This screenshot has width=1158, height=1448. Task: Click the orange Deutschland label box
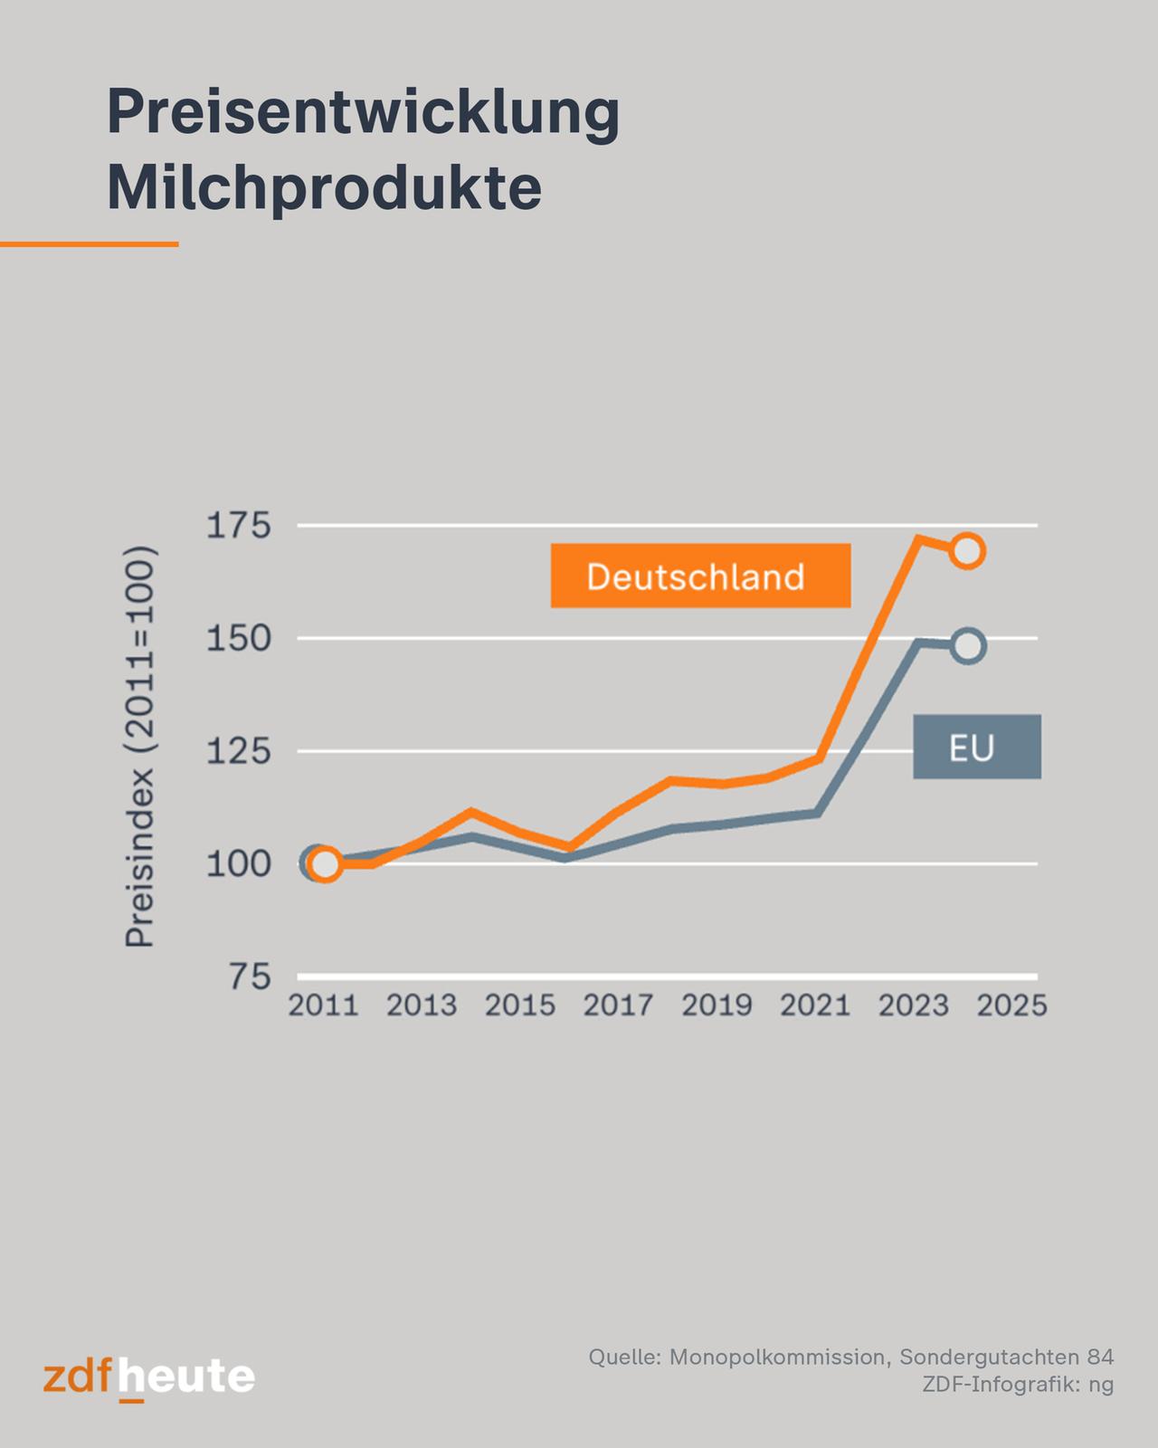click(700, 576)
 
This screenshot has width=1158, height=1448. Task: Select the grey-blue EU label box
click(976, 747)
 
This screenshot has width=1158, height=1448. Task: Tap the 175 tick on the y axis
click(238, 526)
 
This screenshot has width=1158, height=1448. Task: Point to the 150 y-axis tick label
click(238, 639)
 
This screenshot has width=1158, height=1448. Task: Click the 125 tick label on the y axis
click(238, 751)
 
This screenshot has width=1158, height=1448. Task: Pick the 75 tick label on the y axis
click(251, 976)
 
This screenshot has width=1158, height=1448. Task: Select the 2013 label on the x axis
click(422, 1005)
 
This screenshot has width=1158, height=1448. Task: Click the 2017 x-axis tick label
click(618, 1005)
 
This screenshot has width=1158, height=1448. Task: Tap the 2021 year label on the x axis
click(815, 1005)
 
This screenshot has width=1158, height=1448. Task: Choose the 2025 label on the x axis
click(1011, 1005)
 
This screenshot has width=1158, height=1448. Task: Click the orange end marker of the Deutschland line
click(967, 550)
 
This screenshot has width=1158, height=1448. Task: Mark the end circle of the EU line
click(967, 646)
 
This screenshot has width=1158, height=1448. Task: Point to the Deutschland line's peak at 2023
click(917, 539)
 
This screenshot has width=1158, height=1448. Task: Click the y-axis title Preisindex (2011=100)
click(140, 747)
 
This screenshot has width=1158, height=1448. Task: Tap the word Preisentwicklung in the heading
click(363, 113)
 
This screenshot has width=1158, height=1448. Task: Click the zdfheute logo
click(149, 1378)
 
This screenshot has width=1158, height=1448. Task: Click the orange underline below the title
click(89, 243)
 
